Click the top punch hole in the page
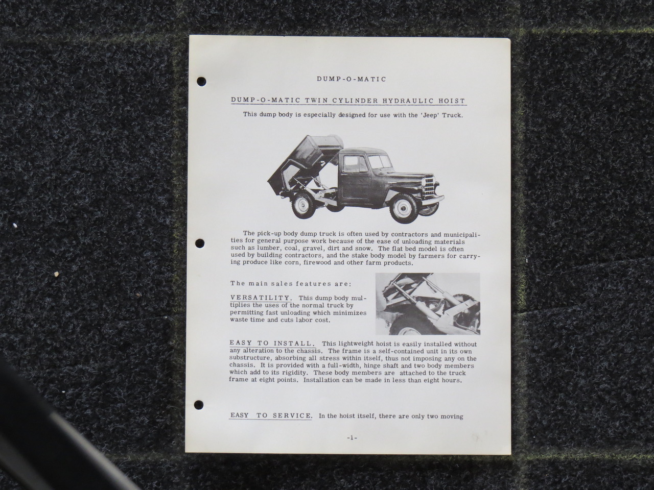pos(202,82)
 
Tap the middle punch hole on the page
pos(200,243)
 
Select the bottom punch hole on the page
pos(199,405)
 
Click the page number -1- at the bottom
pos(352,437)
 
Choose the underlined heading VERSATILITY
pos(260,298)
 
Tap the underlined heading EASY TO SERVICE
pos(271,415)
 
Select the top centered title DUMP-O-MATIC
pos(352,79)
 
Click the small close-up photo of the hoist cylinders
pos(428,304)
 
